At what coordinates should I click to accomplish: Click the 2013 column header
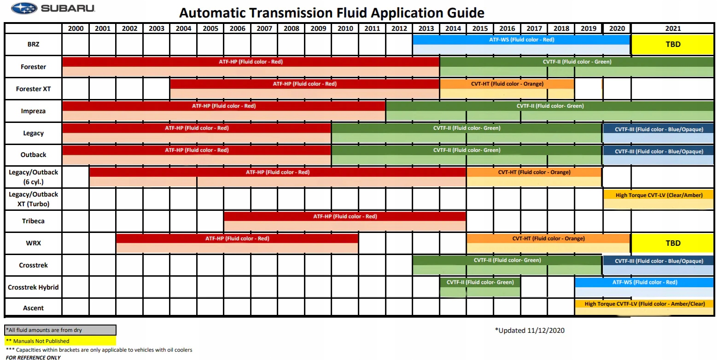pos(426,28)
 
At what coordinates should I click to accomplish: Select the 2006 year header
pos(237,28)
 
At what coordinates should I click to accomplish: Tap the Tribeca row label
pos(33,221)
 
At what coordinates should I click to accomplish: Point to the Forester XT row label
pos(33,89)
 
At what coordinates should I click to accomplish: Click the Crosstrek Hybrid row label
pos(33,287)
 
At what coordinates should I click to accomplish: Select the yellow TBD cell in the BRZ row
pos(672,45)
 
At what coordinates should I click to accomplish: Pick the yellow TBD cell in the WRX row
pos(672,243)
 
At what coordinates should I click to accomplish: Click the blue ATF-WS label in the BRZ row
pos(521,40)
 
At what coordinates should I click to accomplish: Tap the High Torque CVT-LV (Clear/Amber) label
pos(659,195)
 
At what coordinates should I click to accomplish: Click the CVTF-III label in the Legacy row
pos(659,129)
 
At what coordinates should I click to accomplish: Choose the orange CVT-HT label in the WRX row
pos(548,238)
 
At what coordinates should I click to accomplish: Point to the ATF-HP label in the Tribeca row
pos(345,216)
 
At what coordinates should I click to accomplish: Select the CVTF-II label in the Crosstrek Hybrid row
pos(480,282)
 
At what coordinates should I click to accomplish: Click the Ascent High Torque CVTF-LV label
pos(645,304)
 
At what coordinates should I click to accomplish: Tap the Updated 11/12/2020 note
pos(530,330)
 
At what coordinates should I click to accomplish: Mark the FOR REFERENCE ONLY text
pos(33,357)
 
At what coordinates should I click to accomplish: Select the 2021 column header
pos(672,28)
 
